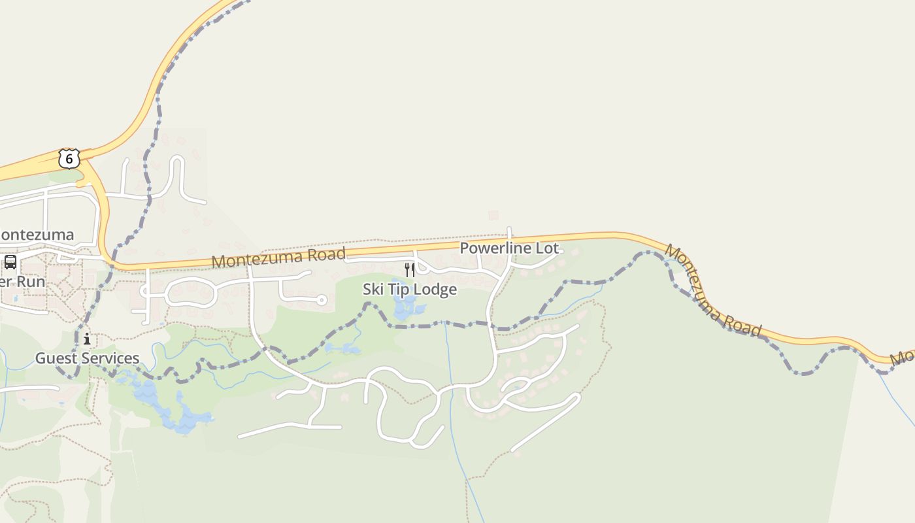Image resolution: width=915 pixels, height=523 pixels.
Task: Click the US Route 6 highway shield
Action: click(x=69, y=158)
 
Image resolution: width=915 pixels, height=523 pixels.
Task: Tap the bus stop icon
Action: click(x=10, y=262)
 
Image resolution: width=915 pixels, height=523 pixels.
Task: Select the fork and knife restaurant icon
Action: click(x=410, y=269)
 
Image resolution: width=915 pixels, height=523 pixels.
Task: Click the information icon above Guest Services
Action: click(x=87, y=339)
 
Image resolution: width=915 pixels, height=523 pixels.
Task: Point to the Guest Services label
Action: click(x=87, y=358)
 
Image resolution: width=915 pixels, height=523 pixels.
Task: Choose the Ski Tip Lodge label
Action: click(x=410, y=289)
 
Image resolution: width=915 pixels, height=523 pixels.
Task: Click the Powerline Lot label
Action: click(x=510, y=248)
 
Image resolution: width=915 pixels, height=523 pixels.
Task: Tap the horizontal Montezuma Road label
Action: click(x=278, y=257)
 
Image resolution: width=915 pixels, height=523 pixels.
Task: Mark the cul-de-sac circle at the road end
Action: click(x=321, y=300)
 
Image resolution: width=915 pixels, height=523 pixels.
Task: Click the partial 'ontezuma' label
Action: click(x=37, y=235)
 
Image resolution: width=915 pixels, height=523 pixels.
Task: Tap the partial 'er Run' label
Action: click(x=23, y=282)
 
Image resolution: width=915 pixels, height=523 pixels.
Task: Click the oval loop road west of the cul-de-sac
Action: click(x=190, y=292)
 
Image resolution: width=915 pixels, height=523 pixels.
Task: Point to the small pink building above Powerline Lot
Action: click(x=493, y=215)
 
